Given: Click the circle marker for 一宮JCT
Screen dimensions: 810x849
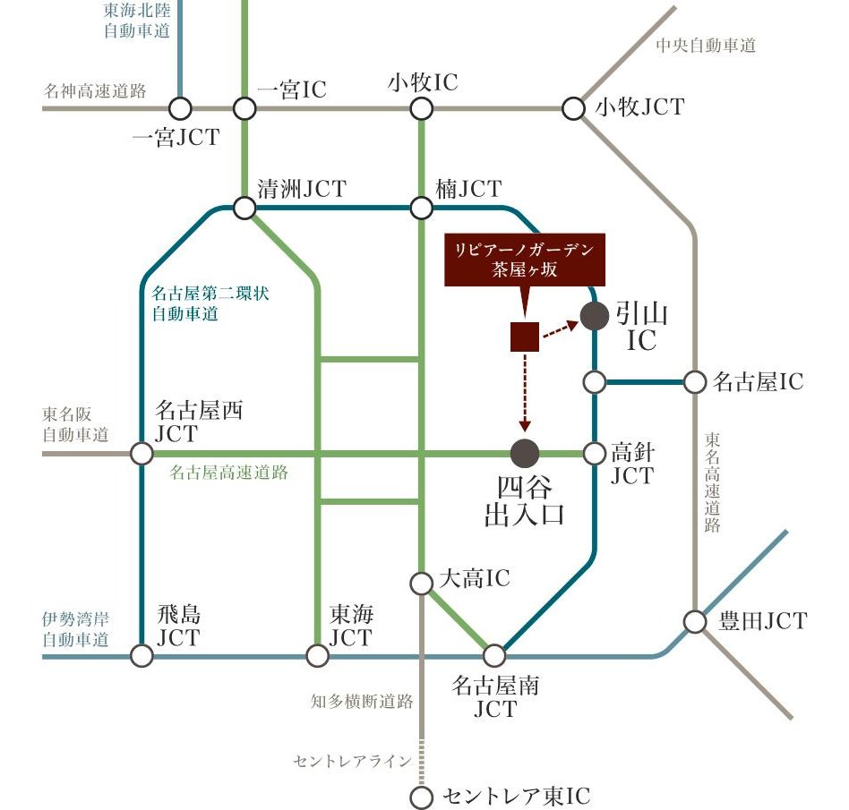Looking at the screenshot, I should (x=180, y=109).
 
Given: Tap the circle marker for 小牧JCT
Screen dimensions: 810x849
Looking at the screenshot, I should (x=573, y=109).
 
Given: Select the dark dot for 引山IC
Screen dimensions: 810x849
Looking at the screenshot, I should (x=594, y=316).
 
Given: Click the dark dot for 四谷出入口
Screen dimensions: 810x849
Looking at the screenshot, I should (x=525, y=453).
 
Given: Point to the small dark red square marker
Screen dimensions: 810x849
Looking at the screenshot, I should (x=524, y=337).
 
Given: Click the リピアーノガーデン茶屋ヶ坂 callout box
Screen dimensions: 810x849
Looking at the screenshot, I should (x=525, y=259).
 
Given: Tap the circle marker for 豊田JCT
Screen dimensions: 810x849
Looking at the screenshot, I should (x=695, y=621).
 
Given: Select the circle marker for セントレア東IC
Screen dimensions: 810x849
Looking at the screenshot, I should (x=421, y=797).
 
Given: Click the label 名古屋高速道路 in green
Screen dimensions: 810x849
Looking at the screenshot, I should (x=229, y=473).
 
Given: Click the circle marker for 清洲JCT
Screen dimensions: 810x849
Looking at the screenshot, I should (x=244, y=209).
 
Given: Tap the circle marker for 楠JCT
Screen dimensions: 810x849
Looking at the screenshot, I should (x=421, y=209).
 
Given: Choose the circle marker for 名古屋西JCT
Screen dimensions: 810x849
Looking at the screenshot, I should (x=141, y=453).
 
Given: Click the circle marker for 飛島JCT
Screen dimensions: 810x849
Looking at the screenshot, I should (x=141, y=656).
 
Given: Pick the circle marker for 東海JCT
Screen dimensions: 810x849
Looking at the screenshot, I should (x=318, y=656).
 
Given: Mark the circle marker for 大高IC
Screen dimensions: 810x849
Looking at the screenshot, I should (x=421, y=584).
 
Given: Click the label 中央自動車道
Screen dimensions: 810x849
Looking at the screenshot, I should (x=705, y=45).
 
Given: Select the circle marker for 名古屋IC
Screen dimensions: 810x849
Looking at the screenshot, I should (x=695, y=382).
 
